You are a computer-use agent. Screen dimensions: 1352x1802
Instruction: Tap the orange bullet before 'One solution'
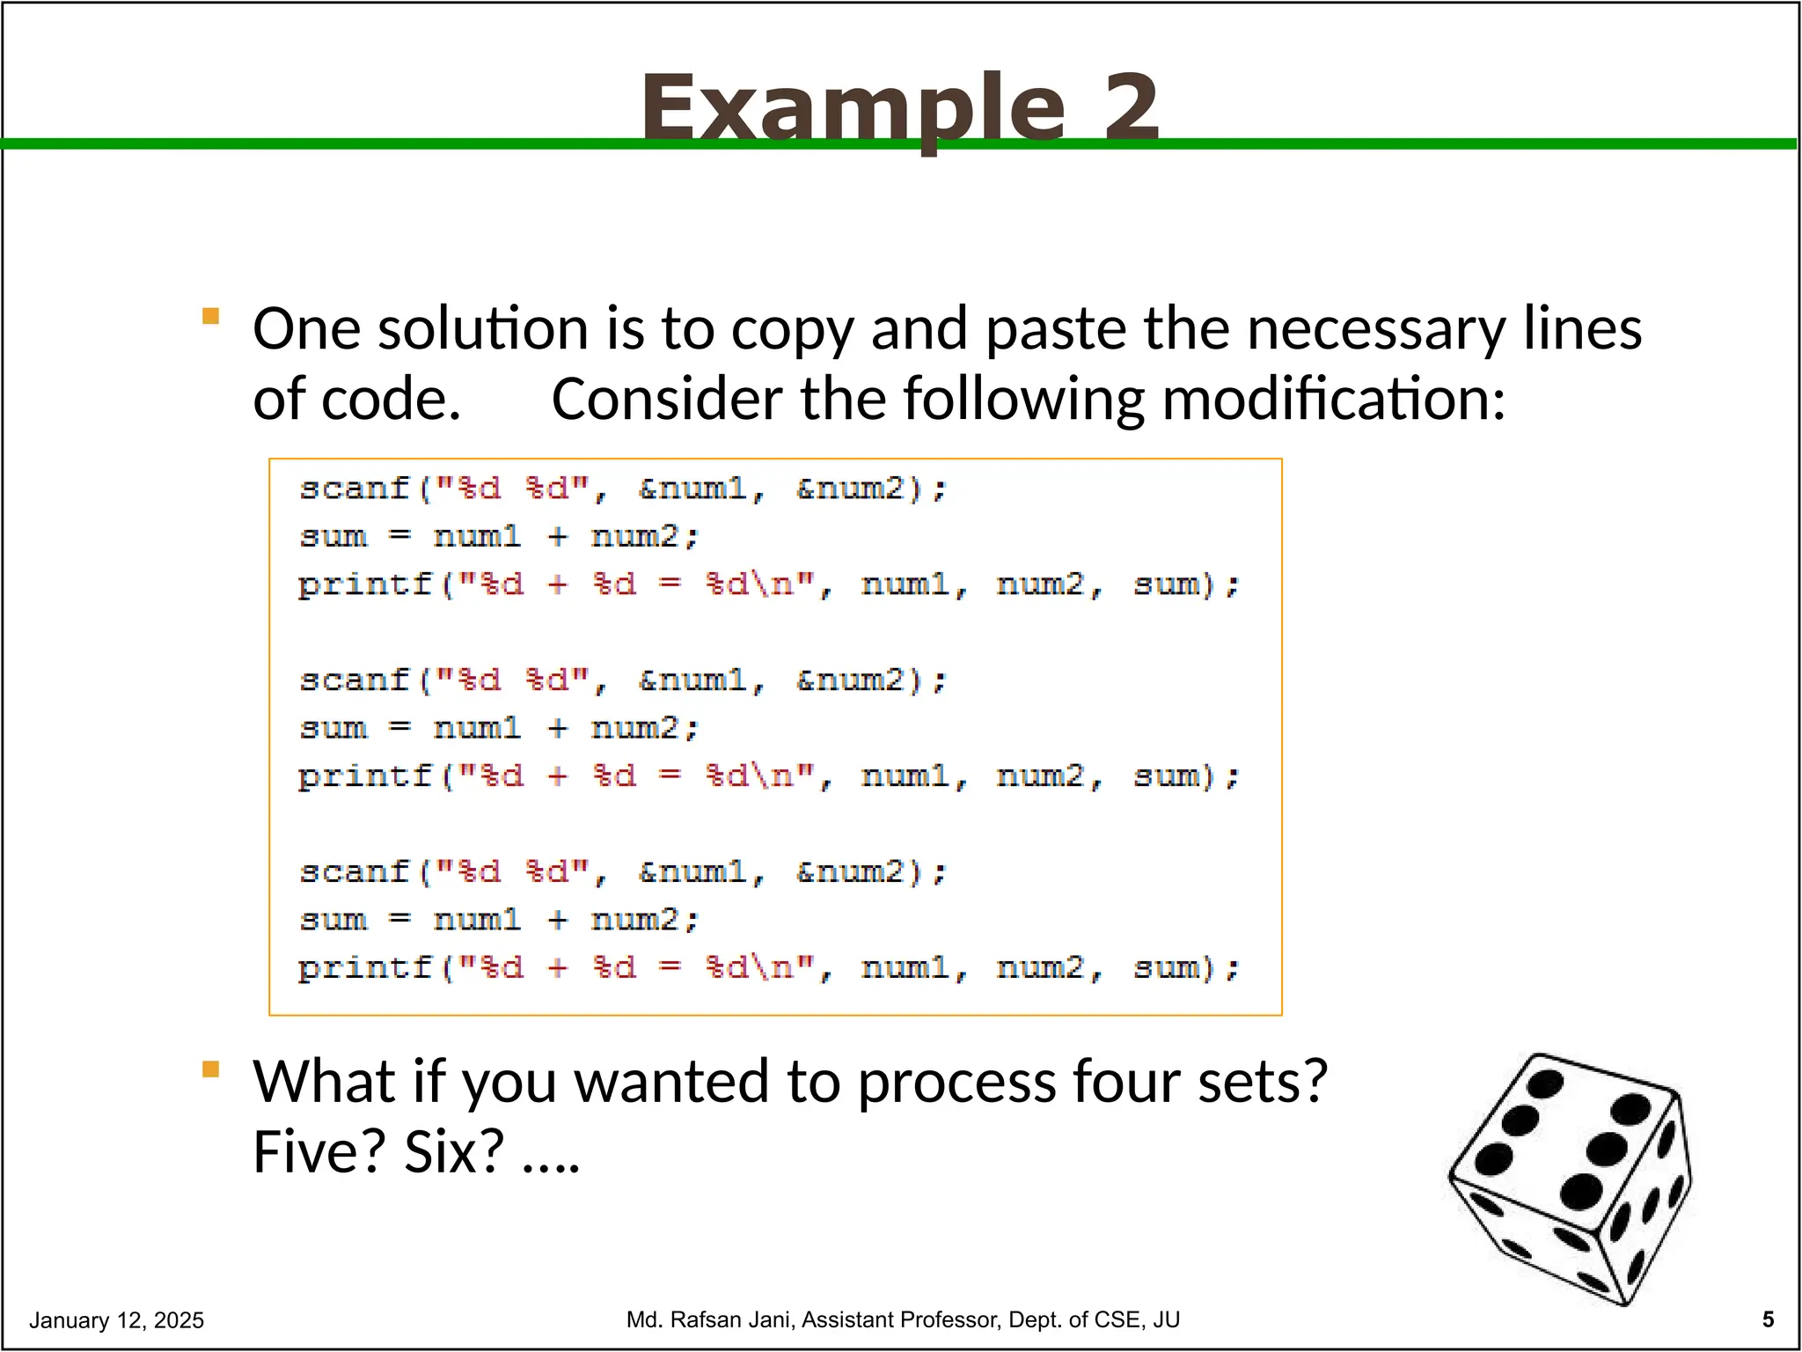coord(210,316)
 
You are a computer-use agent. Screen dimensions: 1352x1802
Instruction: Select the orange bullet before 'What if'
coord(210,1069)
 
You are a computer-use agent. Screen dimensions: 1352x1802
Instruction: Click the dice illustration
coord(1571,1179)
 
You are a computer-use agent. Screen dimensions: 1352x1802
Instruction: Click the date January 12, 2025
coord(116,1320)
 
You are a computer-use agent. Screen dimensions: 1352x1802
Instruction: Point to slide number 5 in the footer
coord(1768,1319)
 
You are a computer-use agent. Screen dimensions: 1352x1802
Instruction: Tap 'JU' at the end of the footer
coord(1166,1320)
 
